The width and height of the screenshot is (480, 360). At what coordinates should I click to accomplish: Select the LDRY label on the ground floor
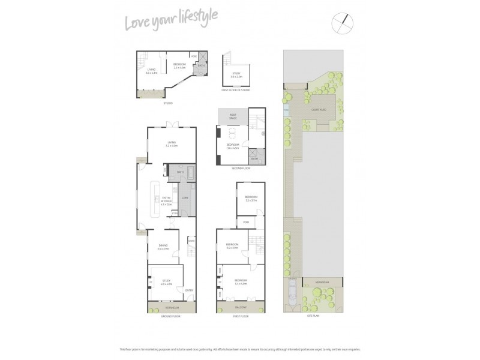[185, 197]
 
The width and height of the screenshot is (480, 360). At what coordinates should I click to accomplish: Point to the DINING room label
[163, 245]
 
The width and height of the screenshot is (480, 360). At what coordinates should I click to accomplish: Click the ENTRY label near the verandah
[188, 290]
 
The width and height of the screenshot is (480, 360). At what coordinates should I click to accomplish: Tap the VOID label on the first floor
[246, 223]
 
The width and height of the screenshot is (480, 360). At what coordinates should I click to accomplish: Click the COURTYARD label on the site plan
[319, 110]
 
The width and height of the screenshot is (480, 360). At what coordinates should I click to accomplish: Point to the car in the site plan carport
[292, 295]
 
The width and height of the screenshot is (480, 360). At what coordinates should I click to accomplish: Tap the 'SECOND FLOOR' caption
[240, 169]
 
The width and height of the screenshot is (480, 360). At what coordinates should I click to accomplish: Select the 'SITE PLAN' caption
[313, 315]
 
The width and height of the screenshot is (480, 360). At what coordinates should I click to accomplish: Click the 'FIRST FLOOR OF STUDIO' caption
[236, 90]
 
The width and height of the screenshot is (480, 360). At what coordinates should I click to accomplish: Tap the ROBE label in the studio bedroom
[194, 56]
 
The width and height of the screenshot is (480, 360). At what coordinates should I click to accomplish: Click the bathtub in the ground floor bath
[190, 175]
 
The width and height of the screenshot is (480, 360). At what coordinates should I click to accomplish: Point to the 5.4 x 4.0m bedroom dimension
[240, 283]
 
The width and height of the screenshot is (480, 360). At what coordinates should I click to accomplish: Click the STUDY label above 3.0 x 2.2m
[236, 73]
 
